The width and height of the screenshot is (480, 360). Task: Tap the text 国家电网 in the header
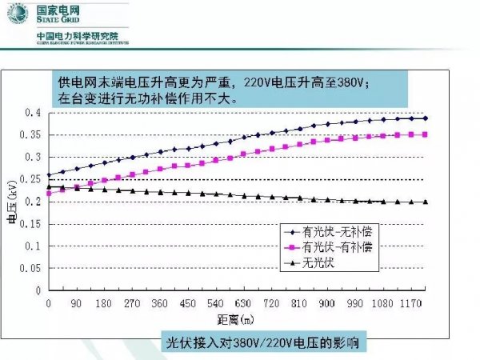tap(60, 12)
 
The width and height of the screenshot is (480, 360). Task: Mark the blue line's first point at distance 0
tap(49, 175)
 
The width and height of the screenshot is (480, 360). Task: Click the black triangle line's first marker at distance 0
tap(49, 187)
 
